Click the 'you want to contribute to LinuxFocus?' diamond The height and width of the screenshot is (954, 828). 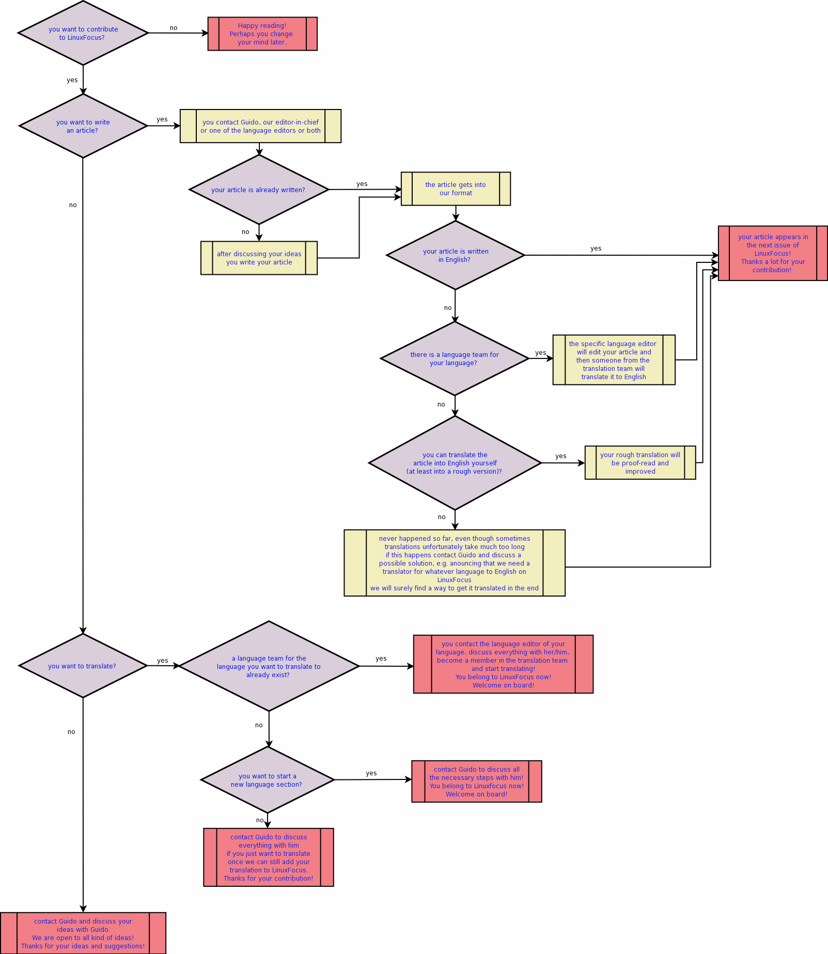[x=83, y=33]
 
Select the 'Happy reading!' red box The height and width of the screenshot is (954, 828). [x=262, y=34]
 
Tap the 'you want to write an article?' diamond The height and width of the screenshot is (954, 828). [x=83, y=126]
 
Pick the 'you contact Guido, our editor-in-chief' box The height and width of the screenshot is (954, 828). [x=260, y=126]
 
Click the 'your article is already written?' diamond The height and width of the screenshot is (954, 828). [x=259, y=190]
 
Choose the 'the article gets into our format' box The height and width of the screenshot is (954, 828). [x=456, y=189]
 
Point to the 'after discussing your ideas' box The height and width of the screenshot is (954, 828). [x=259, y=258]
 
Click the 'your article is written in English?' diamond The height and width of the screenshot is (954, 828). [x=455, y=255]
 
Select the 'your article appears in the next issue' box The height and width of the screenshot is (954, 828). [x=772, y=254]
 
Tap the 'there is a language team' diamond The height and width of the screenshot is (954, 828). [x=455, y=358]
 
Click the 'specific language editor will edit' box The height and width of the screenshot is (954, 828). [x=614, y=360]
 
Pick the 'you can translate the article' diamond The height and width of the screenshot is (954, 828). [x=455, y=463]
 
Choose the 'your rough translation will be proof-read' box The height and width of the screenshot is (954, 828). [x=640, y=463]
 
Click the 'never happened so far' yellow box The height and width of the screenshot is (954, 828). [x=455, y=563]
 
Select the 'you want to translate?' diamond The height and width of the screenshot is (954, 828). [x=83, y=666]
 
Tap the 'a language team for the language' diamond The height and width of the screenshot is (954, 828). [x=269, y=666]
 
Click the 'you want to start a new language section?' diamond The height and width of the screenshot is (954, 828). [x=268, y=780]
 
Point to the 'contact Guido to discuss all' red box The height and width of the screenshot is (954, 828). [x=476, y=781]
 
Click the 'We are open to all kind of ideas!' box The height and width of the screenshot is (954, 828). [x=83, y=933]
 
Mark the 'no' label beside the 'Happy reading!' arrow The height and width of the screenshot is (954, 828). [x=174, y=28]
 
